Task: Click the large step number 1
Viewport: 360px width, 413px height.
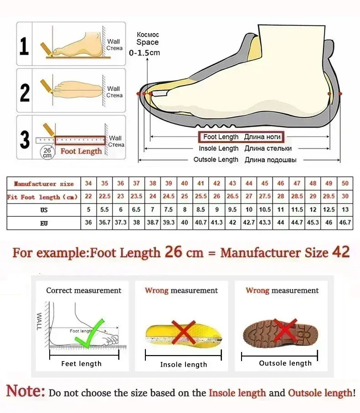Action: [x=24, y=46]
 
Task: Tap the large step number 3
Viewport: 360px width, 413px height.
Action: [x=25, y=139]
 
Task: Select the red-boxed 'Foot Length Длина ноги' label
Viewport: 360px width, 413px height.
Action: [x=240, y=137]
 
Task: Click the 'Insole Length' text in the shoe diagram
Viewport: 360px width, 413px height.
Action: [x=219, y=148]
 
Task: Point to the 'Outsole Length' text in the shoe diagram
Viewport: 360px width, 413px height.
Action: [x=216, y=160]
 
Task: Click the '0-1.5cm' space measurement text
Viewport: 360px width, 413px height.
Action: [x=144, y=53]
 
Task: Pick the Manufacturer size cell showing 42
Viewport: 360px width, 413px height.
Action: [x=217, y=184]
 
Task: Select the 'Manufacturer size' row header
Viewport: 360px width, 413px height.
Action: [x=44, y=184]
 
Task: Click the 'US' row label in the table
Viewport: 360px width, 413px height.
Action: [x=44, y=210]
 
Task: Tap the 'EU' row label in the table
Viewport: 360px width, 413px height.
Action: [x=44, y=223]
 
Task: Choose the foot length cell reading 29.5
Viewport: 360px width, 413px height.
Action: [x=329, y=197]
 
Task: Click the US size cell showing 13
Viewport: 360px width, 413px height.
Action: [x=345, y=210]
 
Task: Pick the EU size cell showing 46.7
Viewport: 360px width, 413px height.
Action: [x=345, y=223]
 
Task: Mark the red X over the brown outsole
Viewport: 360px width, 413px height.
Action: [x=286, y=331]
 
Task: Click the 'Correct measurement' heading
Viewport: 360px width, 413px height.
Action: [x=84, y=291]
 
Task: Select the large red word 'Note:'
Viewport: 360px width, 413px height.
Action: [x=26, y=391]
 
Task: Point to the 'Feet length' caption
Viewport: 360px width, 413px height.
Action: [x=82, y=364]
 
